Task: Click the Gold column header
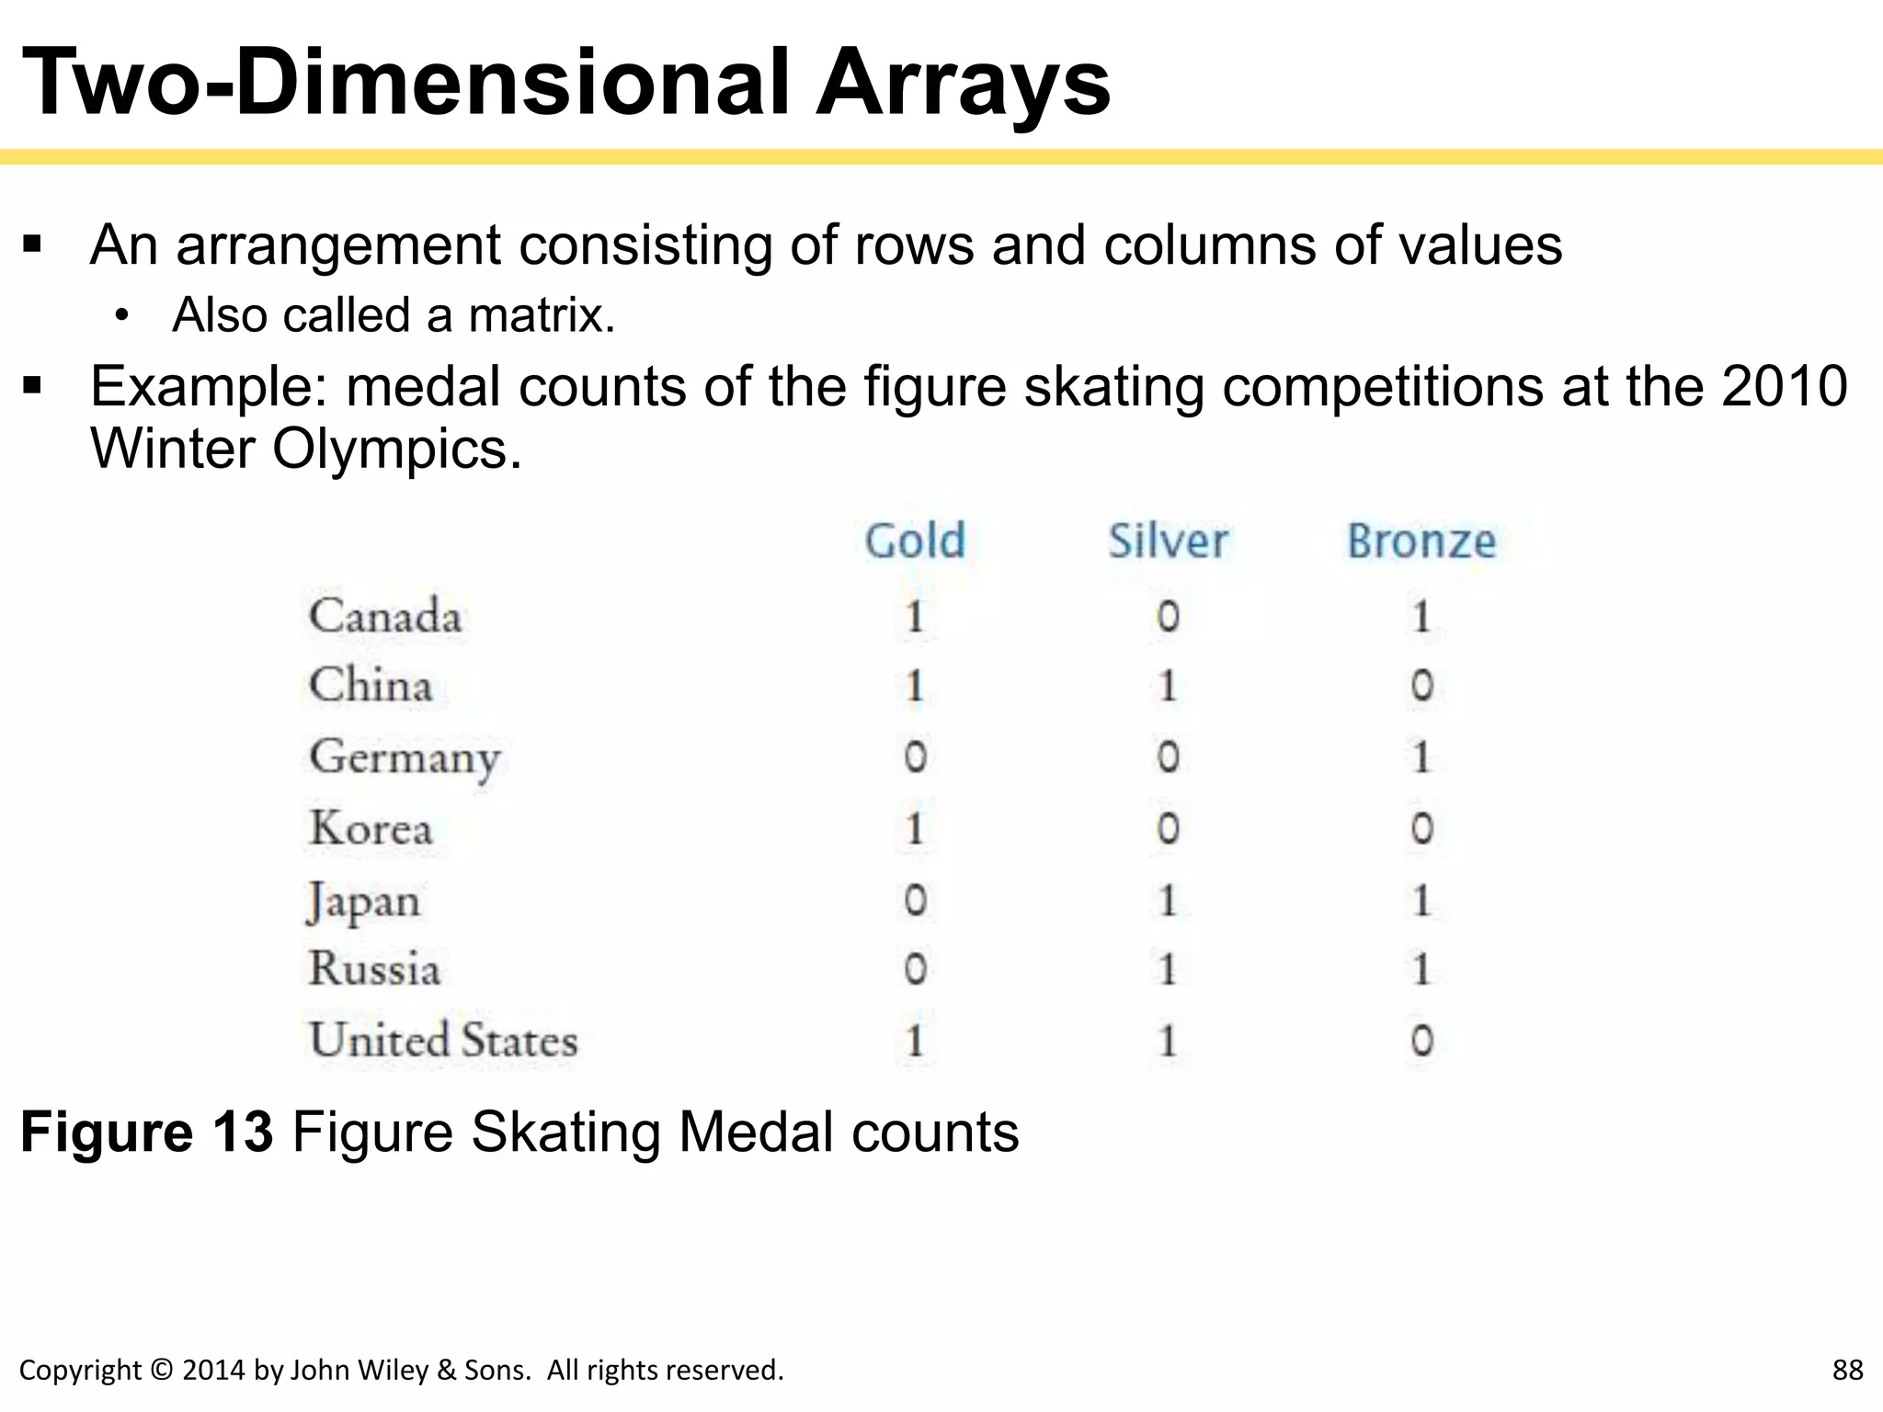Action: click(915, 541)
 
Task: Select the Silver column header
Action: click(1168, 541)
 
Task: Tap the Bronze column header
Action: click(1421, 541)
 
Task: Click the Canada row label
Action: click(385, 616)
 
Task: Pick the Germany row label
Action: click(405, 758)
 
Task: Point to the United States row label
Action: click(443, 1041)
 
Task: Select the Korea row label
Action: click(371, 828)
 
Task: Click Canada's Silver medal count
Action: click(1168, 616)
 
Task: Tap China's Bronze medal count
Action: click(1421, 686)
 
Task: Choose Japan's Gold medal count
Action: click(915, 900)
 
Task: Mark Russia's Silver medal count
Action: click(1168, 970)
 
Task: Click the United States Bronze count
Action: click(1421, 1041)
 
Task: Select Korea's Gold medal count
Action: click(915, 828)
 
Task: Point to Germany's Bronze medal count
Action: click(1421, 757)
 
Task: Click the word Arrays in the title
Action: click(963, 85)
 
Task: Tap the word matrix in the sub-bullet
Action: click(541, 315)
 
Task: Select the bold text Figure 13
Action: click(147, 1132)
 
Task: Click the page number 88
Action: click(1847, 1370)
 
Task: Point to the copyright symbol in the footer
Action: click(161, 1371)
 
